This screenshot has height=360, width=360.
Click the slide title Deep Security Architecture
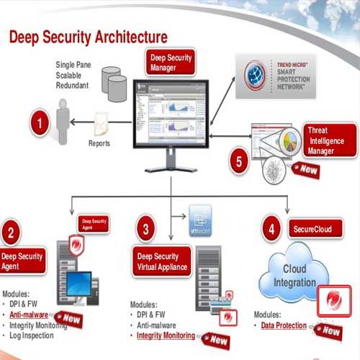coord(88,36)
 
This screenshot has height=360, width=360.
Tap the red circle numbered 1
coord(41,122)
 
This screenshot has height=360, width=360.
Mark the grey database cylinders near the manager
coord(114,83)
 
